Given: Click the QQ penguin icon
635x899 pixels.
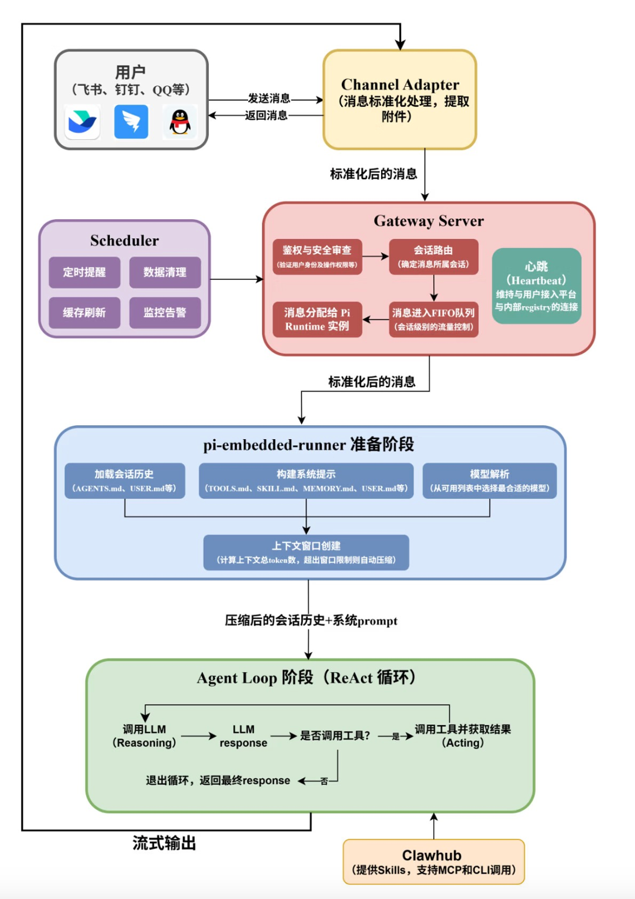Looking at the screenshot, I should pyautogui.click(x=180, y=122).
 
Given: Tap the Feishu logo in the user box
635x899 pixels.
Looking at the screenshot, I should pyautogui.click(x=82, y=122).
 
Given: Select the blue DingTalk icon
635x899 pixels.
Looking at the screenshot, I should pyautogui.click(x=131, y=122).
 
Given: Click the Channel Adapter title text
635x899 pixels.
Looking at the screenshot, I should pyautogui.click(x=400, y=84).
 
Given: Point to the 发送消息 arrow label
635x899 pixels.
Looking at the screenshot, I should pyautogui.click(x=269, y=98).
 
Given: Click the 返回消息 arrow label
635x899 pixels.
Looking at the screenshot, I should pyautogui.click(x=266, y=115).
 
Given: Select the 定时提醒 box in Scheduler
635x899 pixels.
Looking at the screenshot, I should pyautogui.click(x=84, y=272).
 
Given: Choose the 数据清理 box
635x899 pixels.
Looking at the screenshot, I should pyautogui.click(x=165, y=272).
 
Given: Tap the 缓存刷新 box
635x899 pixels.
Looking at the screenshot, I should pyautogui.click(x=84, y=312).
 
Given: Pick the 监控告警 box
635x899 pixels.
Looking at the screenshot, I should pyautogui.click(x=165, y=312).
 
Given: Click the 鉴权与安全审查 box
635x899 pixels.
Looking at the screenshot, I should pyautogui.click(x=317, y=256).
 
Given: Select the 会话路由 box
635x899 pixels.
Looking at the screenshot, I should pyautogui.click(x=433, y=256).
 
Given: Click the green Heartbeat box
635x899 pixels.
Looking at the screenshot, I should pyautogui.click(x=536, y=286).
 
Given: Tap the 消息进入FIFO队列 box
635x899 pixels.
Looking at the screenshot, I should pyautogui.click(x=433, y=319).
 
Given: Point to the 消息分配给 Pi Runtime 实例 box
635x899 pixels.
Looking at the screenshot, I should pyautogui.click(x=317, y=319).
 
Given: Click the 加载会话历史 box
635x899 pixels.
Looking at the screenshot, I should pyautogui.click(x=124, y=480).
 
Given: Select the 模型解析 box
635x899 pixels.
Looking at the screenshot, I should pyautogui.click(x=489, y=480).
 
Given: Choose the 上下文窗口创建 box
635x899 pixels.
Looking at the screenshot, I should pyautogui.click(x=306, y=552).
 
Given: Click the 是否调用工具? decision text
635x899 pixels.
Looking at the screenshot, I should pyautogui.click(x=335, y=736).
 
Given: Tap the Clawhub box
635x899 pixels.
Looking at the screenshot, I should pyautogui.click(x=433, y=861).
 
